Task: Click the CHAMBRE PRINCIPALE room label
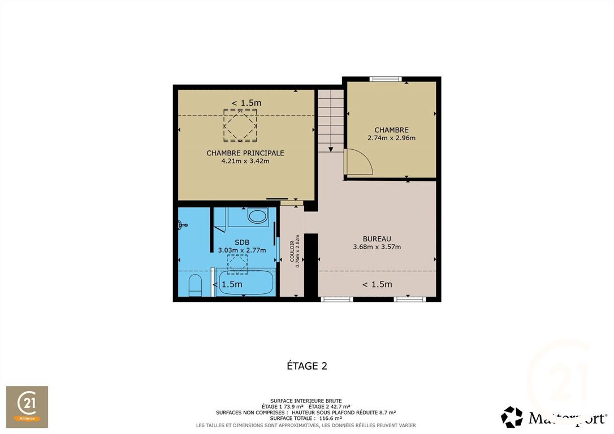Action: coord(245,153)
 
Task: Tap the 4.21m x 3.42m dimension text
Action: coord(245,161)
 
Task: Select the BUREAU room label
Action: coord(377,238)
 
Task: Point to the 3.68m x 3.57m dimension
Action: coord(377,247)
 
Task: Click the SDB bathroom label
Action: coord(242,242)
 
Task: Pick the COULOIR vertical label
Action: coord(292,251)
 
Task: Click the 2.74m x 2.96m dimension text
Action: coord(392,138)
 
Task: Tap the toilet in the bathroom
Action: coord(195,285)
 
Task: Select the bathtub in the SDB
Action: coord(245,283)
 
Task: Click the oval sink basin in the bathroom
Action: coord(258,215)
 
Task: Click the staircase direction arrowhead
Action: coord(331,150)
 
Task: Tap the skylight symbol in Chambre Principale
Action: coord(240,125)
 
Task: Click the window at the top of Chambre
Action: coord(386,79)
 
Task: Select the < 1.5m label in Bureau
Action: coord(377,284)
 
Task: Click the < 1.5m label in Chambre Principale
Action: coord(247,103)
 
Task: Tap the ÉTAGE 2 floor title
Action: coord(307,366)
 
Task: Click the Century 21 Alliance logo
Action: coord(27,407)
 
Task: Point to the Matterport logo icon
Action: coord(512,417)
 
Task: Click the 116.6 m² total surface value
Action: coord(331,418)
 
